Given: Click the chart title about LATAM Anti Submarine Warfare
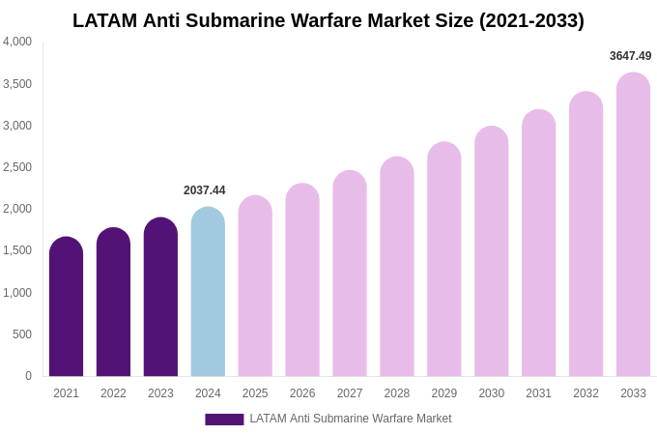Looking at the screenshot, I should pos(328,20).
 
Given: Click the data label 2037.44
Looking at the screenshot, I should pos(205,190).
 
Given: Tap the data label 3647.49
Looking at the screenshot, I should pos(630,56).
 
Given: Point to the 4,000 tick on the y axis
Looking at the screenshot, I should pos(17,42).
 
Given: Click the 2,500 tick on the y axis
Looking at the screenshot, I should pos(17,167).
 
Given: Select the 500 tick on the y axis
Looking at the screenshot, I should pos(21,334).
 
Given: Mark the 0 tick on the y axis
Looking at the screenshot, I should pos(28,376).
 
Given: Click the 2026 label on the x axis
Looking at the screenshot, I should pos(302,393).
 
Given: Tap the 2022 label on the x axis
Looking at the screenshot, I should pos(113,393).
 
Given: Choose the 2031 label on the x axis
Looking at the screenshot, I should pos(538,393).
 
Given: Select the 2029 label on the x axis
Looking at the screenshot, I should pos(444,393).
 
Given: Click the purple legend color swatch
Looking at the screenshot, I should pos(224,420).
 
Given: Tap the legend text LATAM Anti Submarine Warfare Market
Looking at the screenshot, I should pos(351,419).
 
